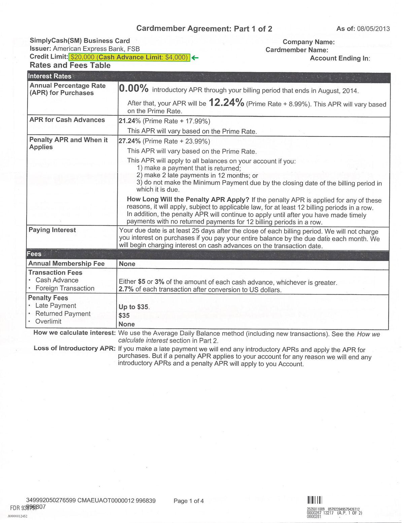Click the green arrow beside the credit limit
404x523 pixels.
195,58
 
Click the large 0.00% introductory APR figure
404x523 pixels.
134,89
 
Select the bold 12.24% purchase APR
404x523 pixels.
226,102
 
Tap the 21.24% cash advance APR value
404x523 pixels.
130,121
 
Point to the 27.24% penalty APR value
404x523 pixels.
130,141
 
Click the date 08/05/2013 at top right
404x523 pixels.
373,29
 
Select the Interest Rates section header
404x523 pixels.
50,76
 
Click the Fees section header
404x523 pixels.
34,254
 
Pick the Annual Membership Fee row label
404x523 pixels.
66,264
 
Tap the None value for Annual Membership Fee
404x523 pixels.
127,264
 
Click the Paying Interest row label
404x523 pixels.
52,230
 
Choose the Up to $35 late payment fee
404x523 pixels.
134,307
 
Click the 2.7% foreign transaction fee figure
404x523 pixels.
126,289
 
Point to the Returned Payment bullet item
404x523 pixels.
63,314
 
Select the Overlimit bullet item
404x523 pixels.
48,321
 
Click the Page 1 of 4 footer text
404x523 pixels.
189,501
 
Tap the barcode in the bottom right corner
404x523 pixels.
315,500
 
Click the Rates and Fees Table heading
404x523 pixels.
70,65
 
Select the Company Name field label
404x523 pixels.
308,42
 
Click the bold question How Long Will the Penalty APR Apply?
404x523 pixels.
188,199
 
